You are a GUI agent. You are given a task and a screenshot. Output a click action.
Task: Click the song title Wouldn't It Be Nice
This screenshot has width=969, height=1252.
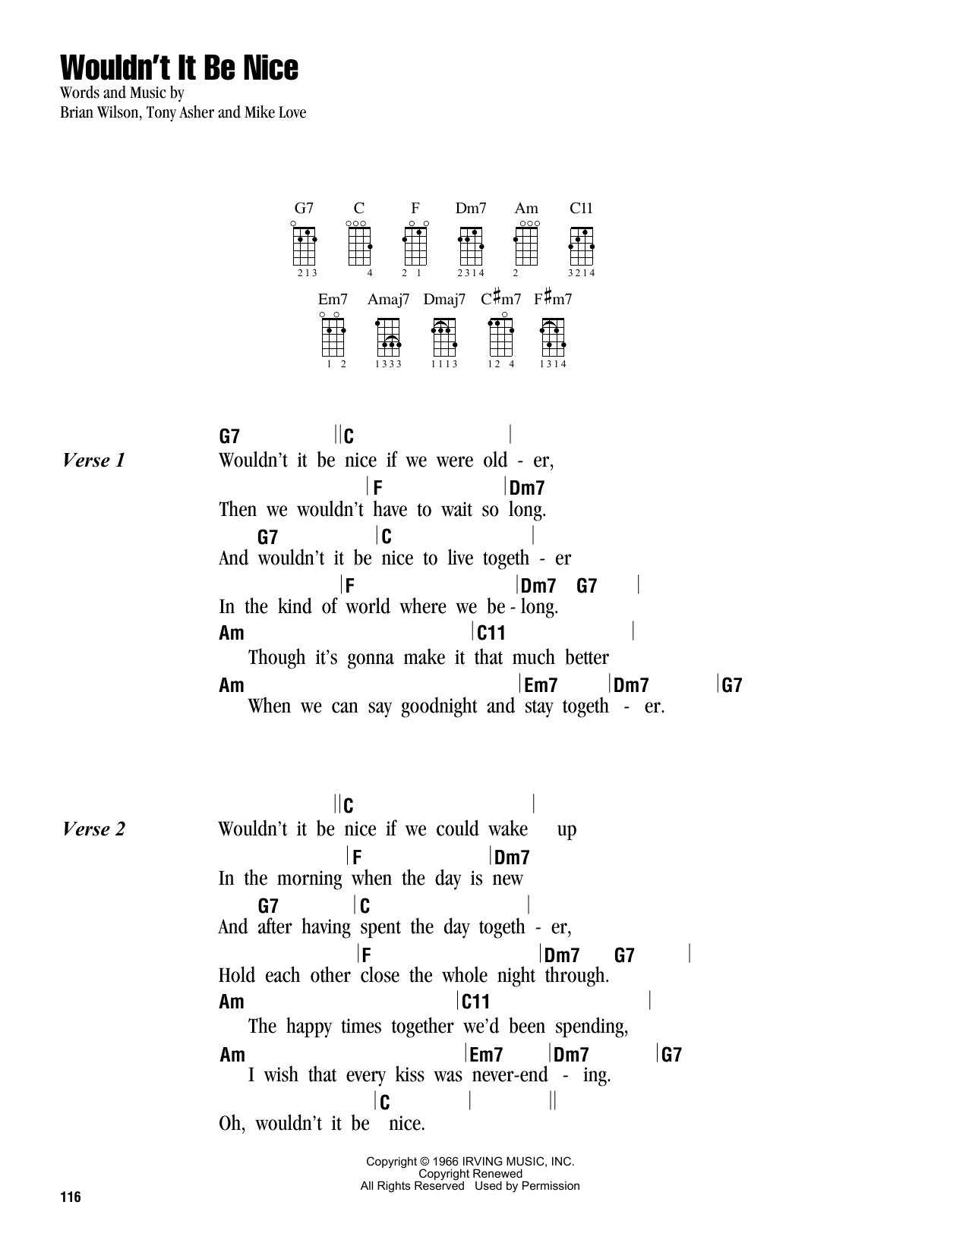179,68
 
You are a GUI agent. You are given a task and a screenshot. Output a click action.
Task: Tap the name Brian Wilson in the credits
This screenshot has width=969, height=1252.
99,112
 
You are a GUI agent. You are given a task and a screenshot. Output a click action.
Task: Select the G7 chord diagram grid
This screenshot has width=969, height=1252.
305,246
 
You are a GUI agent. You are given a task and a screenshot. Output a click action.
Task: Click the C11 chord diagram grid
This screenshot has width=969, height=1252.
581,246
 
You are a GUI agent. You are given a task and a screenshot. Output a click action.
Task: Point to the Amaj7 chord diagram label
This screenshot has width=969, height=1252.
389,299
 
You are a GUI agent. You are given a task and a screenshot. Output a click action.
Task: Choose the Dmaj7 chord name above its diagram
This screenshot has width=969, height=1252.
444,299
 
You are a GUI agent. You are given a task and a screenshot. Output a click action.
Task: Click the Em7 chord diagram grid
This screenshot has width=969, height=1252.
333,337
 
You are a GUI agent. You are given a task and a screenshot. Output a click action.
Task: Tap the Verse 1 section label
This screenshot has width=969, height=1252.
93,461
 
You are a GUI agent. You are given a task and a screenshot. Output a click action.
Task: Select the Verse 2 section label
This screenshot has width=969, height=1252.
93,829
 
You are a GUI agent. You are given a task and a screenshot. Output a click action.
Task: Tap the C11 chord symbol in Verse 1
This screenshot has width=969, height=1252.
491,633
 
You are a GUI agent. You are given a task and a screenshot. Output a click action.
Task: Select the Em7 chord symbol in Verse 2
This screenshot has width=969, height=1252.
486,1055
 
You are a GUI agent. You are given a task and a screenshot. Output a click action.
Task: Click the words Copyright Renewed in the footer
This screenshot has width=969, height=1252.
470,1174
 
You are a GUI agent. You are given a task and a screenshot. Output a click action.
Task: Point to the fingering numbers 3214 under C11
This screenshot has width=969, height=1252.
581,273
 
